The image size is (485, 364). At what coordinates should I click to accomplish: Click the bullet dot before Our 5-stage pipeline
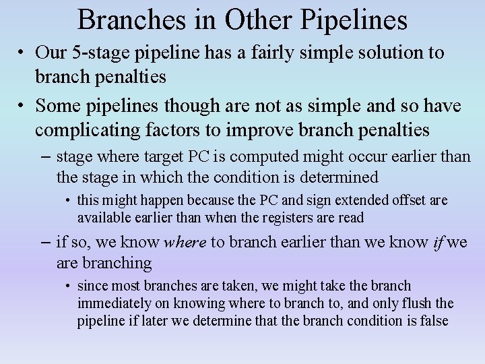22,53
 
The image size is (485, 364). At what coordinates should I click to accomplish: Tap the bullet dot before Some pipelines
22,107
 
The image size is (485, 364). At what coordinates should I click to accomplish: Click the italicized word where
185,243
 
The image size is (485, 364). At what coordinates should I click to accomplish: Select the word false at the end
434,320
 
